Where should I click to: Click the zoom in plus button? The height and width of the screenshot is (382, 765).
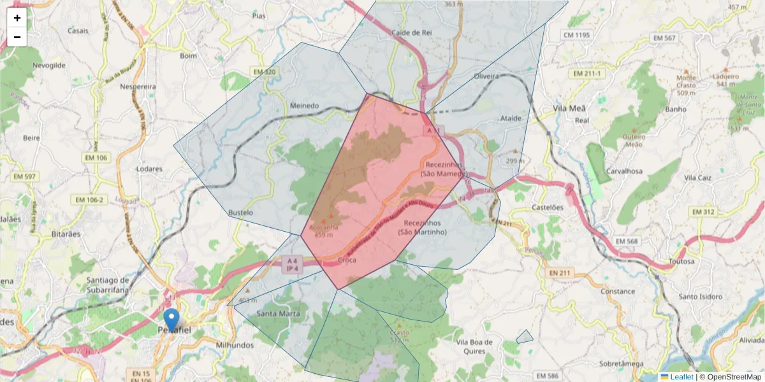pyautogui.click(x=17, y=18)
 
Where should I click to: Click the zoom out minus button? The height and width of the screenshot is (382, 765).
pyautogui.click(x=17, y=37)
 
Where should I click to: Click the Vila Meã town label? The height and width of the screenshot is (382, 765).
pyautogui.click(x=569, y=108)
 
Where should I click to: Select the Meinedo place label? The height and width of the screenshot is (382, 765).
pyautogui.click(x=304, y=106)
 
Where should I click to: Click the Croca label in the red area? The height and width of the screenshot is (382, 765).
pyautogui.click(x=347, y=260)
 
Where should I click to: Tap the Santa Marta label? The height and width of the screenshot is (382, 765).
pyautogui.click(x=277, y=313)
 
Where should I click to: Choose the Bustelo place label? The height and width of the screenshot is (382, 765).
pyautogui.click(x=240, y=212)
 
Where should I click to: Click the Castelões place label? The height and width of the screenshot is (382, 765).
pyautogui.click(x=548, y=208)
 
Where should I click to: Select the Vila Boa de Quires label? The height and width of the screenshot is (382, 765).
pyautogui.click(x=475, y=346)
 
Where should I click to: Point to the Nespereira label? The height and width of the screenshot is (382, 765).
pyautogui.click(x=138, y=86)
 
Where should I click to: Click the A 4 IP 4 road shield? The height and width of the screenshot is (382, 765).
pyautogui.click(x=292, y=264)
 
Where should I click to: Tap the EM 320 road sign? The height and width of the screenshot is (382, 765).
pyautogui.click(x=263, y=72)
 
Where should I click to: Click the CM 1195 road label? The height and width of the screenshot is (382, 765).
pyautogui.click(x=577, y=34)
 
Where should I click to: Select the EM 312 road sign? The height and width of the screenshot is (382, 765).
pyautogui.click(x=703, y=211)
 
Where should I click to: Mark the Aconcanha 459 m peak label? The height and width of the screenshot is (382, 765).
pyautogui.click(x=323, y=230)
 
